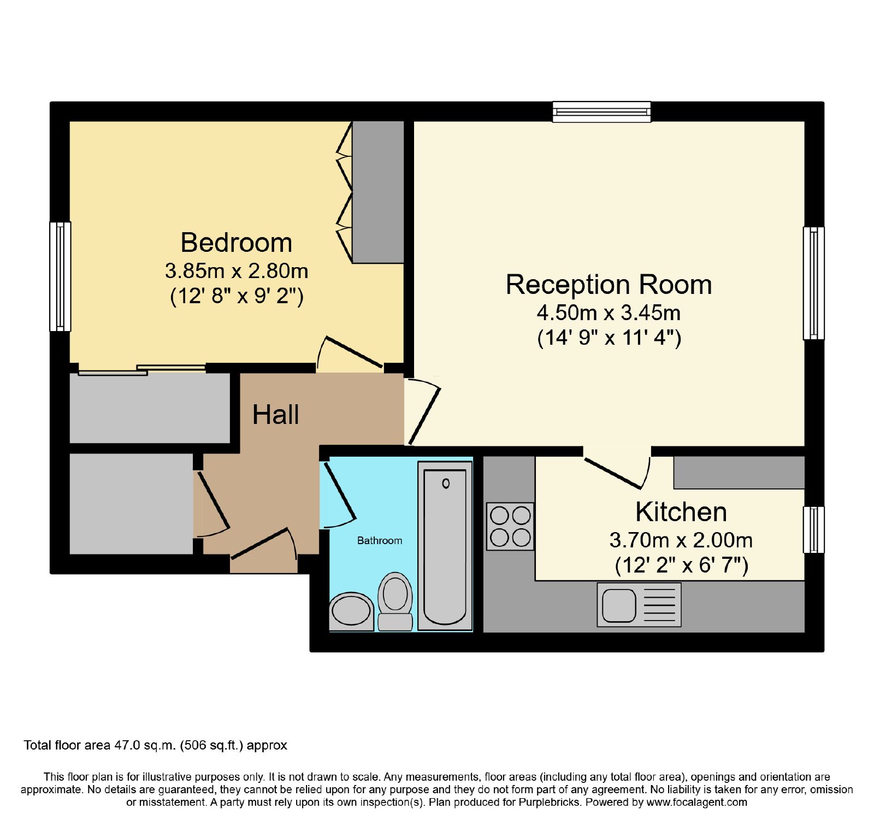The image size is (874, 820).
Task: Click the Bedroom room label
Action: click(x=236, y=243)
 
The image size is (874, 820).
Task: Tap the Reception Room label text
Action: click(x=609, y=285)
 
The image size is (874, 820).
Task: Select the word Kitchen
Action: click(x=681, y=512)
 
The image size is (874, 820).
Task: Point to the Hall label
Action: click(x=275, y=415)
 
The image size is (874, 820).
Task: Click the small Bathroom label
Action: click(x=380, y=540)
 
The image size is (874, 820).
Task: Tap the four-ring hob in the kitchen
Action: click(x=510, y=526)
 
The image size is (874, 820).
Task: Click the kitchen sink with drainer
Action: click(x=639, y=605)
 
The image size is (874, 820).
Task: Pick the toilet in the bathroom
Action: click(x=395, y=601)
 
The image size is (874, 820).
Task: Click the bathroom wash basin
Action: click(x=351, y=611)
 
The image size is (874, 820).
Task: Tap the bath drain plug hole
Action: click(x=446, y=483)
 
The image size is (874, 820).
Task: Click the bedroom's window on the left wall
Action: click(x=60, y=276)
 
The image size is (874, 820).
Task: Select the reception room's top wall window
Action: click(x=601, y=111)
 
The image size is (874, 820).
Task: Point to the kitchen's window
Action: click(x=813, y=529)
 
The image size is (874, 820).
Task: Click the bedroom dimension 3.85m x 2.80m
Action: click(x=237, y=270)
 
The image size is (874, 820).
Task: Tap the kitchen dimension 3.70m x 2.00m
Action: click(x=681, y=540)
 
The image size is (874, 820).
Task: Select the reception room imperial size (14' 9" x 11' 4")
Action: click(x=609, y=338)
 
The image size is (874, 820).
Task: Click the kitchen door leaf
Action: click(x=612, y=473)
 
